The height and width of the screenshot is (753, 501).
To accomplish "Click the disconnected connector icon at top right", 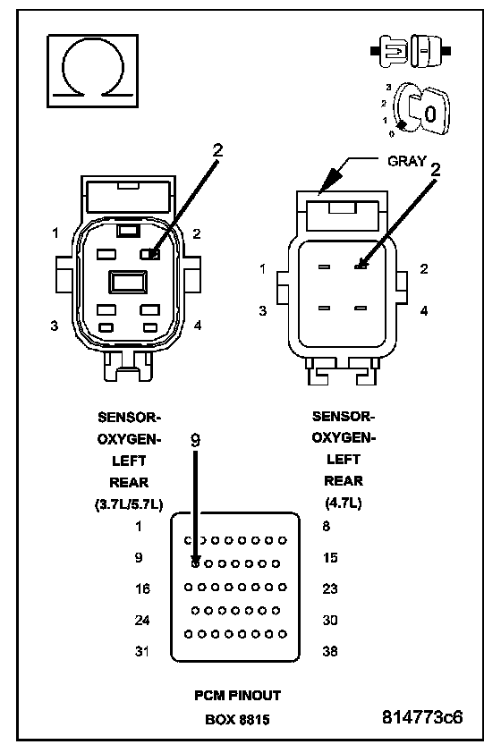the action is point(411,50).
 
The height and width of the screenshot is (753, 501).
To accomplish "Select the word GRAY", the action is point(406,161).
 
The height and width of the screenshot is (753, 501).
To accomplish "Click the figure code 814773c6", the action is point(422,717).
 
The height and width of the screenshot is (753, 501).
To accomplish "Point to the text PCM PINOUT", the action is point(237,696).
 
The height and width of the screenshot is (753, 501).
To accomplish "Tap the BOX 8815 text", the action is point(237,719).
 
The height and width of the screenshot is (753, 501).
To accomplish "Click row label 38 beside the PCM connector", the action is point(330,651).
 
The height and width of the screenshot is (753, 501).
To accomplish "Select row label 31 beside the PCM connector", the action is point(141,651).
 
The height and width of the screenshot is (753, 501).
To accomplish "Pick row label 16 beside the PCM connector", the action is point(142,588).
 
